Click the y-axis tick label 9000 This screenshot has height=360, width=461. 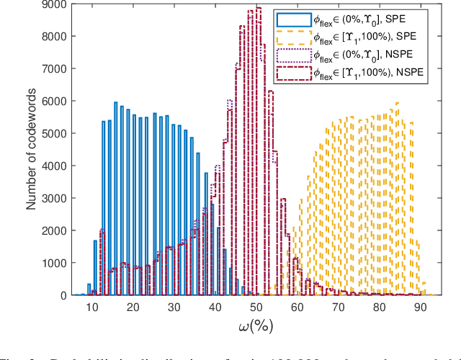[57, 4]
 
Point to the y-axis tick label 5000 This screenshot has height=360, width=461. [57, 133]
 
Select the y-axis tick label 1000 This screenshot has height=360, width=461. [57, 263]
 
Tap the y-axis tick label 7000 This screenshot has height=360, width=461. [57, 69]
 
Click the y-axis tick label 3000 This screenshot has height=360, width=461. [57, 198]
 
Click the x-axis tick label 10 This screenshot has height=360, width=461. [92, 307]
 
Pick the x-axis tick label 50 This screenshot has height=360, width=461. [256, 307]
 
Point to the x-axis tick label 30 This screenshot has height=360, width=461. [174, 307]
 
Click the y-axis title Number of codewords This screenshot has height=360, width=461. [32, 150]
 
